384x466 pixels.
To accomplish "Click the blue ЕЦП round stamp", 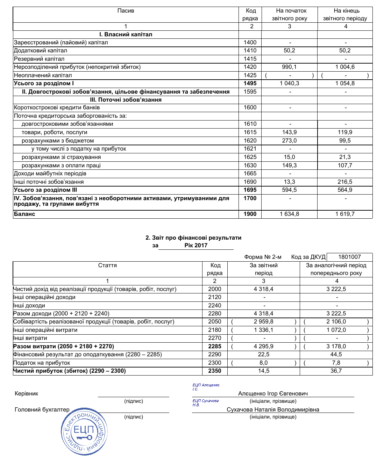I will click(84, 431).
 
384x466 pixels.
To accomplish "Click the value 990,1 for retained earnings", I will click(289, 67).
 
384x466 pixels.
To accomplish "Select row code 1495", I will click(250, 83).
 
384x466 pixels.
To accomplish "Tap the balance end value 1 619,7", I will click(345, 214).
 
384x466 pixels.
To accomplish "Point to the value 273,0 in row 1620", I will click(289, 141).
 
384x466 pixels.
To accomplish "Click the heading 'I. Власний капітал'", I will click(126, 35).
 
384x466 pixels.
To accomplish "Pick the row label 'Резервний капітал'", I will click(39, 59).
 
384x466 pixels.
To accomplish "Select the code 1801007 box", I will click(349, 257).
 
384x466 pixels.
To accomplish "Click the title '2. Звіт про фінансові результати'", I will click(193, 238).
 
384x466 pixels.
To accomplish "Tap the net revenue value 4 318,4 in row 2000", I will click(263, 289).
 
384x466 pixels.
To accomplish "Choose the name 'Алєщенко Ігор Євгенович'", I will click(273, 394).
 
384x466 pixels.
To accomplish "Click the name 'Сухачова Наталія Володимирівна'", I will click(273, 410).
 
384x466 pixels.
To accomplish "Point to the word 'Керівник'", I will click(27, 394).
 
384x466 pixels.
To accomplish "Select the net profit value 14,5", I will click(263, 371).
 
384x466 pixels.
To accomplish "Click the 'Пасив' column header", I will click(126, 11).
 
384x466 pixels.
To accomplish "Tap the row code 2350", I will click(214, 371).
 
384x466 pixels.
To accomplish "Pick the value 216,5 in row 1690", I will click(345, 182).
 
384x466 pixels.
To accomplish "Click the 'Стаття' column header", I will click(107, 265).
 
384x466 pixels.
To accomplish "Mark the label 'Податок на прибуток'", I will click(42, 363).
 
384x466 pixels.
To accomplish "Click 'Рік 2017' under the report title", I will click(196, 246).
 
